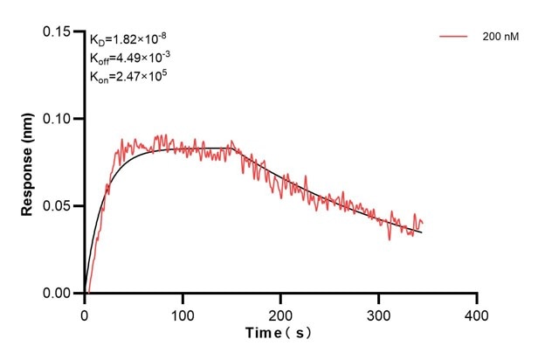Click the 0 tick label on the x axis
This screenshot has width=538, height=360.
point(84,312)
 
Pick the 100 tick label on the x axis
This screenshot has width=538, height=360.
point(182,312)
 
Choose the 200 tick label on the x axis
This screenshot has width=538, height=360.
point(280,312)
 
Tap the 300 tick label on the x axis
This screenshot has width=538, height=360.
point(378,312)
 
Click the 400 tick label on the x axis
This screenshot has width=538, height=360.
point(477,312)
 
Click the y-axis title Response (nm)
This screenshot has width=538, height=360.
point(29,162)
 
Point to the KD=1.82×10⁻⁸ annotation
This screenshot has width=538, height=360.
point(128,39)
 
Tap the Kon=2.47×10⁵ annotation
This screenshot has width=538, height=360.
point(128,77)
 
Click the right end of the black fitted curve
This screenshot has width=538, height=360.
point(422,232)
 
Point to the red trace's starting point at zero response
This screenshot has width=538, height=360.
point(88,293)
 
